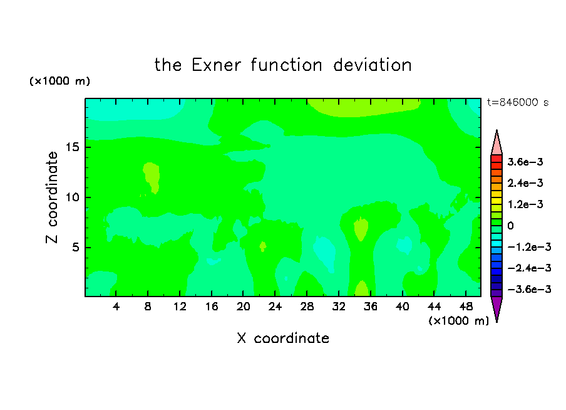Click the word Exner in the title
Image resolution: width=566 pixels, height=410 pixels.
pos(216,65)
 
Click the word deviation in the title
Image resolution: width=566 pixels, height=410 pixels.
pos(372,65)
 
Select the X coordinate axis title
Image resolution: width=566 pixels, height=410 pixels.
pos(283,338)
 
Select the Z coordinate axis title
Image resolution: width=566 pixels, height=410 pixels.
pos(52,197)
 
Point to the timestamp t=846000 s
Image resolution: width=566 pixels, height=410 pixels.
pos(518,102)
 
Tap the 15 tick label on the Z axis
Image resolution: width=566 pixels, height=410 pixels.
pos(73,147)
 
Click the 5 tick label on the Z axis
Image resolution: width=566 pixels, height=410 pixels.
pos(75,247)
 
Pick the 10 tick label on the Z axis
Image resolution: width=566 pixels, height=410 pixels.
pos(73,197)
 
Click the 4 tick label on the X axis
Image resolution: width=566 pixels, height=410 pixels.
pos(116,307)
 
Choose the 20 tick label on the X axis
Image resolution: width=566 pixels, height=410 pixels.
pos(244,307)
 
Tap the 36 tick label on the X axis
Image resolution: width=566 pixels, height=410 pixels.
pos(371,307)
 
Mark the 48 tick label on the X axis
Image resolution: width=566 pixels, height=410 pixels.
pos(466,307)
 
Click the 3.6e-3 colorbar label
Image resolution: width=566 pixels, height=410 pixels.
pos(525,162)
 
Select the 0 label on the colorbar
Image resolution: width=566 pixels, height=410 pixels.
pos(510,226)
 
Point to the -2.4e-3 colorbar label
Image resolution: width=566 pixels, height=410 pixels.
pos(529,268)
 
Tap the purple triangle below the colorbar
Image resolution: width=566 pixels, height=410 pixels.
pos(497,308)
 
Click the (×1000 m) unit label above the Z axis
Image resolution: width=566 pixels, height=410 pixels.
pos(59,81)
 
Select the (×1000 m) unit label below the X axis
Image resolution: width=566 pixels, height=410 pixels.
pos(458,321)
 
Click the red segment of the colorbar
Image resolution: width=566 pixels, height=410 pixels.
pos(497,159)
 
